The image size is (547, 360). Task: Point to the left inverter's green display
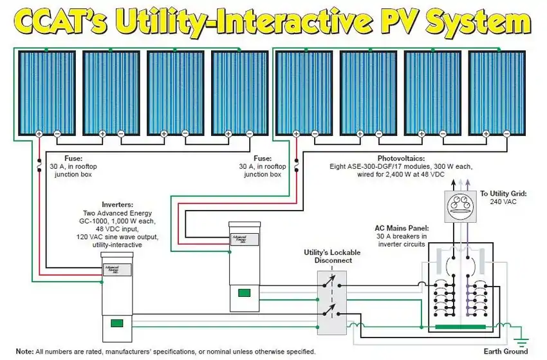(116, 323)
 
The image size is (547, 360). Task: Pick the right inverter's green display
(244, 293)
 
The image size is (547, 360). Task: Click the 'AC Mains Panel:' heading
(402, 228)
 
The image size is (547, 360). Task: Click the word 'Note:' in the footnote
(24, 352)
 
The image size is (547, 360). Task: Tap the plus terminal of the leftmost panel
(39, 134)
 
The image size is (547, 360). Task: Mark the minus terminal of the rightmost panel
(507, 134)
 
